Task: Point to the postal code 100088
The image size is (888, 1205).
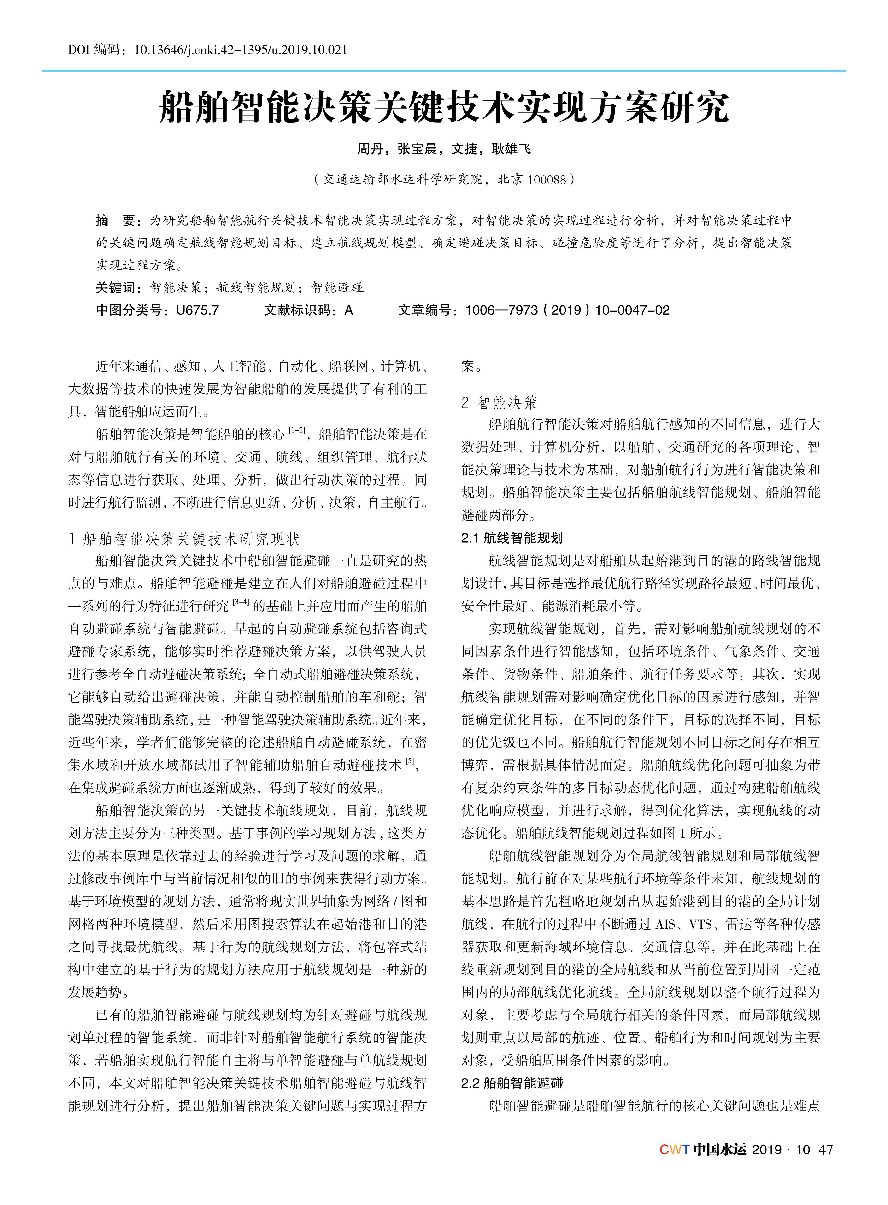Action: (547, 180)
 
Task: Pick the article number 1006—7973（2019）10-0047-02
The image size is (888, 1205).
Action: (567, 310)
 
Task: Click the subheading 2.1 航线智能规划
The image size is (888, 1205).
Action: (512, 538)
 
